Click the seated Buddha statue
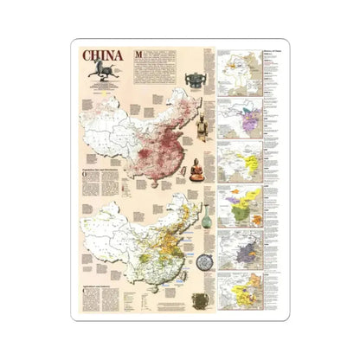(197, 168)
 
